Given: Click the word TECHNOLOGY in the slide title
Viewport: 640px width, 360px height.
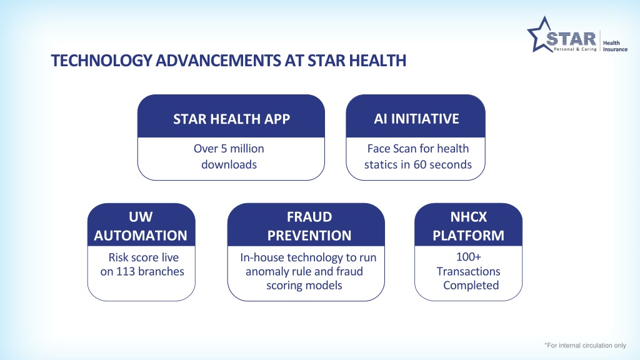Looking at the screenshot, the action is pyautogui.click(x=102, y=61).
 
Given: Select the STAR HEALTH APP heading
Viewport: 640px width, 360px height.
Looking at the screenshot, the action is pyautogui.click(x=231, y=119).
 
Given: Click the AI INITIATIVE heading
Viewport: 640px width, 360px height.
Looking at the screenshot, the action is pyautogui.click(x=416, y=119).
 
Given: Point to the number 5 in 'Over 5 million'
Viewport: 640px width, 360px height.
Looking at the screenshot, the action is pyautogui.click(x=224, y=149).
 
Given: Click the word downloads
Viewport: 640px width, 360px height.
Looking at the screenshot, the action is pyautogui.click(x=229, y=164).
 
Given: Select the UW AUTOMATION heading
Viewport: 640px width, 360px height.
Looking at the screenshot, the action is pyautogui.click(x=141, y=226).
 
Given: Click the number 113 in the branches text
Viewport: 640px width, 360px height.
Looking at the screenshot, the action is pyautogui.click(x=125, y=271).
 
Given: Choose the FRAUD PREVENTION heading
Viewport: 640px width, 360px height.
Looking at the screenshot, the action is pyautogui.click(x=309, y=226).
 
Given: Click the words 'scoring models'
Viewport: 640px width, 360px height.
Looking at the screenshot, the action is pyautogui.click(x=304, y=285).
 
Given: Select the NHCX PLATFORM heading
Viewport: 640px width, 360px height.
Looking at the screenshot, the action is pyautogui.click(x=469, y=226).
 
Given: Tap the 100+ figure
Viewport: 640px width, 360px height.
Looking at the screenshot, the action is pyautogui.click(x=469, y=257).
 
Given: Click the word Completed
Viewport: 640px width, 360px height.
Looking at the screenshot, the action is pyautogui.click(x=471, y=285).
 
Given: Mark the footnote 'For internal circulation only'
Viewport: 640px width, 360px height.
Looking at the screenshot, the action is pyautogui.click(x=585, y=345).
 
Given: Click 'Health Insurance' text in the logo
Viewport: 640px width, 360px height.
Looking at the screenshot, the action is pyautogui.click(x=615, y=46).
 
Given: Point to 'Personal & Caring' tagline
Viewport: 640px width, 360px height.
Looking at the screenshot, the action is pyautogui.click(x=575, y=49).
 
